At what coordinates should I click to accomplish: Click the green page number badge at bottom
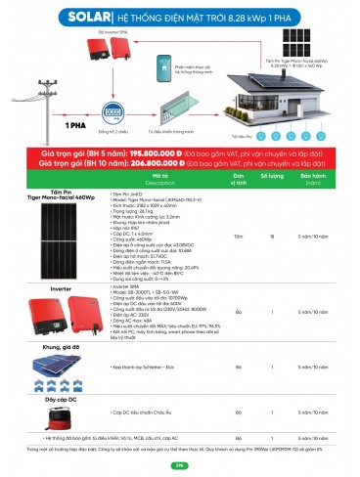(180, 465)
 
